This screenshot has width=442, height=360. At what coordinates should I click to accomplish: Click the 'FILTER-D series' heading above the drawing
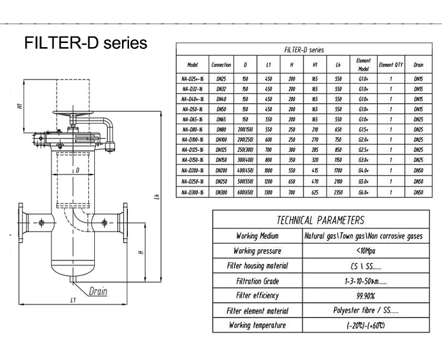[85, 43]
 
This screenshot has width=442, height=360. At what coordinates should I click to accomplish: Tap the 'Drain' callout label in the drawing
[98, 291]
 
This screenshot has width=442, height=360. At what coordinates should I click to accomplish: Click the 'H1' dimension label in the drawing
[19, 107]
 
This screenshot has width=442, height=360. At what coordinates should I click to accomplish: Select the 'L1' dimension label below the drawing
[72, 300]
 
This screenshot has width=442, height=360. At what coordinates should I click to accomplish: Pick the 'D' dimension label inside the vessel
[77, 171]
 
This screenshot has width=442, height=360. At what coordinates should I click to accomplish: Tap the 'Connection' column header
[221, 64]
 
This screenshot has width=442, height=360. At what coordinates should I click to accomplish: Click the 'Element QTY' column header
[391, 64]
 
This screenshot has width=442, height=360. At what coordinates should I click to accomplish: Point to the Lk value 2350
[338, 191]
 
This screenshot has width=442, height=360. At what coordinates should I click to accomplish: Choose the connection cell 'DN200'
[221, 171]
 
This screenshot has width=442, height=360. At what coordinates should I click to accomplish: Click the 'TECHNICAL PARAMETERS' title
[320, 220]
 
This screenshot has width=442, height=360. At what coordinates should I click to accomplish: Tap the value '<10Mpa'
[363, 251]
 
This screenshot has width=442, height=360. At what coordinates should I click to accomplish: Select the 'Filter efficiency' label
[258, 295]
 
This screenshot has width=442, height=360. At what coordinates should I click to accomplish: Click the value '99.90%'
[363, 295]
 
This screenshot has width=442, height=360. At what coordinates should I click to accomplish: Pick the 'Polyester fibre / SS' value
[363, 311]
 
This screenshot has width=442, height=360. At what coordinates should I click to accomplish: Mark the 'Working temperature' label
[258, 325]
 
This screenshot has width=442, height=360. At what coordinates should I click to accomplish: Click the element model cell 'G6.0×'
[363, 191]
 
